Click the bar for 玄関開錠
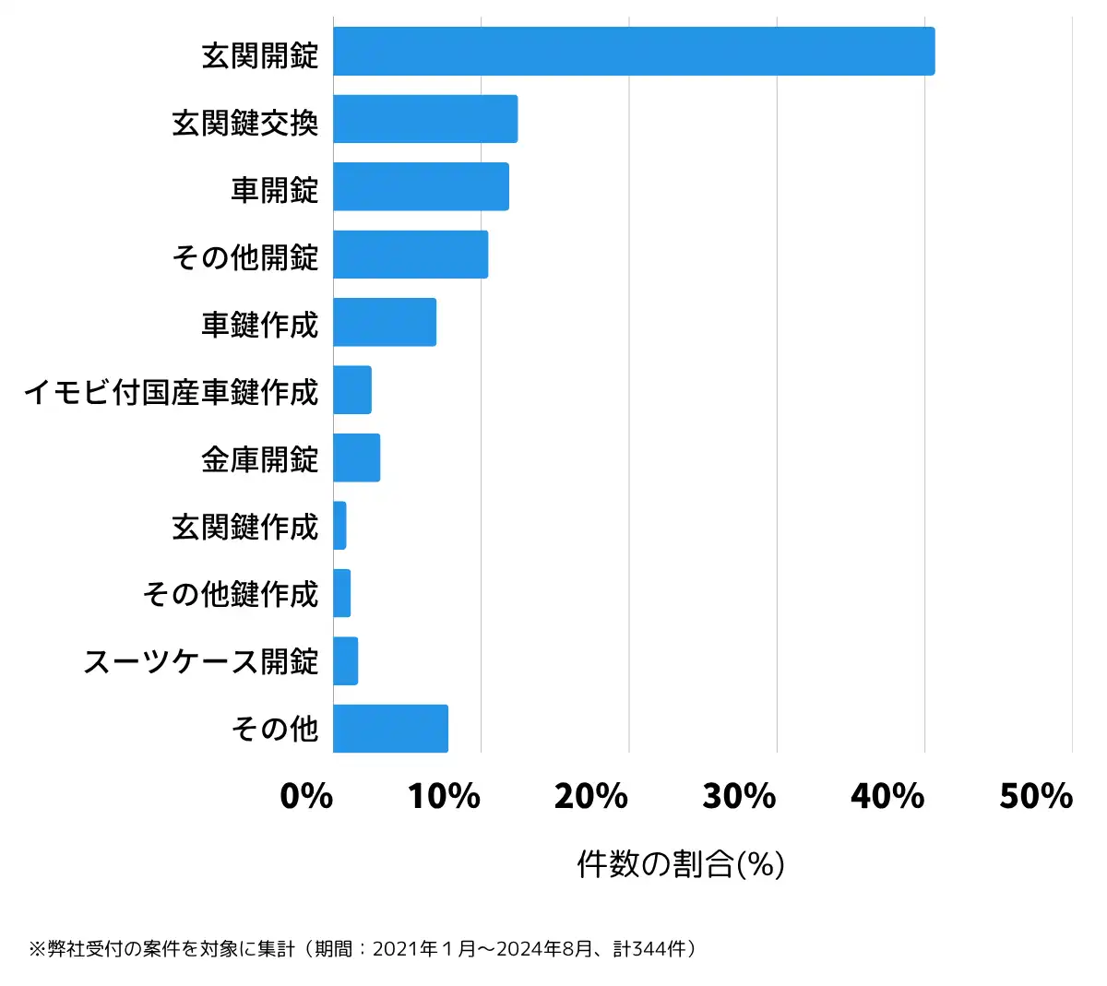coord(634,52)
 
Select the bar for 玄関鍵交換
coord(425,119)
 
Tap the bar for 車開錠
coord(421,186)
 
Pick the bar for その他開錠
coord(411,255)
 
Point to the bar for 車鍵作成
coord(385,322)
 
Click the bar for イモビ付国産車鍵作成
coord(352,390)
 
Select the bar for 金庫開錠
coord(356,457)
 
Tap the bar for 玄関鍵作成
coord(339,526)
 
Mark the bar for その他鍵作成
coord(341,593)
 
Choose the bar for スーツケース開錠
coord(345,661)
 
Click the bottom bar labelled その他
coord(390,729)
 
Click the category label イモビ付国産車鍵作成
coord(172,392)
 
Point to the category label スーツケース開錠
coord(201,662)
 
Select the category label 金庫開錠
coord(260,459)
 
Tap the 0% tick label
coord(306,796)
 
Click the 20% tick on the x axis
coord(591,796)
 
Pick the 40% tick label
coord(887,796)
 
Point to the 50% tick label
coord(1035,796)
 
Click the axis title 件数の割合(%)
coord(681,864)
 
